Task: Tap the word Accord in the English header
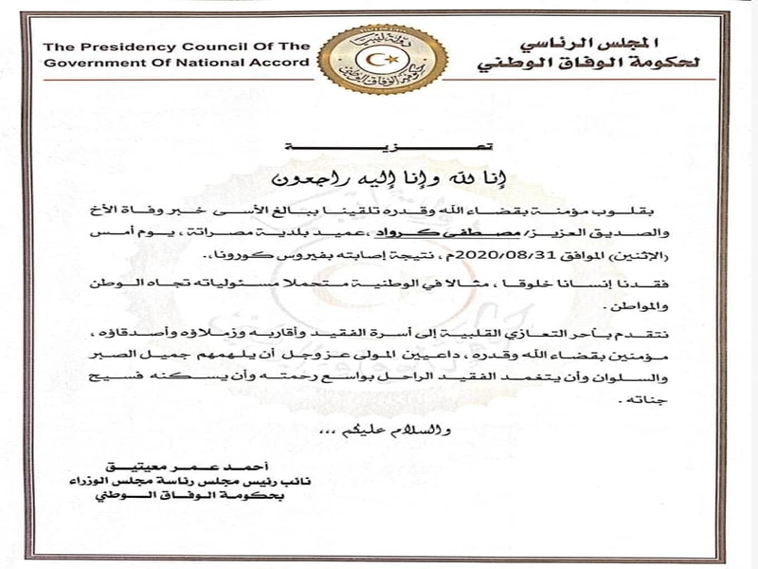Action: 282,64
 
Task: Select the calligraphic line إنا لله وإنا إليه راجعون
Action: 378,177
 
